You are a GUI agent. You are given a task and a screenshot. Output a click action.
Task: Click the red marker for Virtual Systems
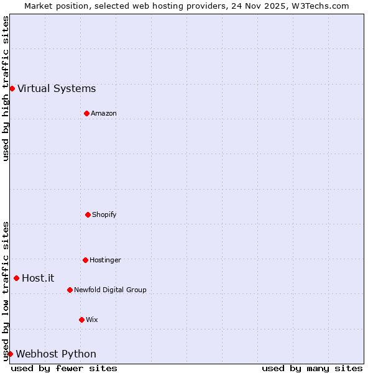pos(12,88)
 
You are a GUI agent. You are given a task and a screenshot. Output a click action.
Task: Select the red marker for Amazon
pos(86,113)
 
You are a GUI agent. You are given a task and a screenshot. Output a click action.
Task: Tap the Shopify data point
pos(88,214)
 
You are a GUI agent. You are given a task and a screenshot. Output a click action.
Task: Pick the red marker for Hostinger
pos(85,260)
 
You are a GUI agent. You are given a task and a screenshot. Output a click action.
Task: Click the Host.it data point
pos(16,278)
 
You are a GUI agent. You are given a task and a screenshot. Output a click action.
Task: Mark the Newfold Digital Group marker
pos(70,290)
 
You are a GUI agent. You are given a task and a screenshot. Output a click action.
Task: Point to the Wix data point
pos(81,320)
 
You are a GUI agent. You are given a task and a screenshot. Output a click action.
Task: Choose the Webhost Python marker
pos(10,354)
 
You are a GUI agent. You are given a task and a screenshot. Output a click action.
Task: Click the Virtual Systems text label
pos(57,88)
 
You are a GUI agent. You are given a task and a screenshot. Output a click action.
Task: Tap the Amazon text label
pos(103,113)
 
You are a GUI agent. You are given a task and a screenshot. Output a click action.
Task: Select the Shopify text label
pos(104,214)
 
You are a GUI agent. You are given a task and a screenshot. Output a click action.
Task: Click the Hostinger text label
pos(105,260)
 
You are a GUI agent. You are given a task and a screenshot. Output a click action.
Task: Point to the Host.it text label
pos(38,278)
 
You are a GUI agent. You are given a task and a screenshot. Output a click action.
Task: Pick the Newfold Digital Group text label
pos(110,290)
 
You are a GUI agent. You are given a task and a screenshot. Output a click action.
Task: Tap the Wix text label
pos(91,320)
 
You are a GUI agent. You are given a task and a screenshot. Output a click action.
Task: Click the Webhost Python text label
pos(56,354)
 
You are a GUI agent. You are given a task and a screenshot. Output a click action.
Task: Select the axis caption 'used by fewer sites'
pos(64,368)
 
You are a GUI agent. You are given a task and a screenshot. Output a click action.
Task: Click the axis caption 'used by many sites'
pos(312,368)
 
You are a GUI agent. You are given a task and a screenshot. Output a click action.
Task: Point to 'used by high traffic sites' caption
pos(6,88)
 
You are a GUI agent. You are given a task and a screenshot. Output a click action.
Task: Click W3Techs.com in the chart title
pos(320,6)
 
